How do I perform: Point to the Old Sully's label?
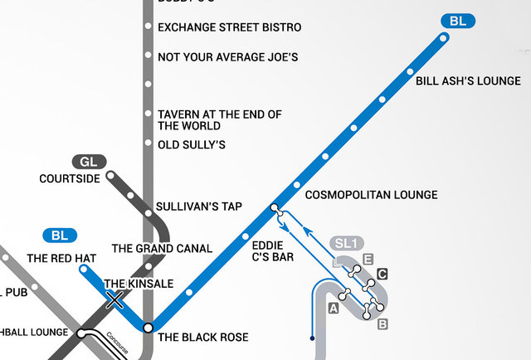click(x=192, y=145)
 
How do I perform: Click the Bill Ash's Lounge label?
click(x=468, y=81)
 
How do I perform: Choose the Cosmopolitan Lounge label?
click(x=371, y=195)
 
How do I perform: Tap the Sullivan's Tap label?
click(x=199, y=207)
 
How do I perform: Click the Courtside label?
click(x=70, y=178)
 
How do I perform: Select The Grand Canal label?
click(x=162, y=248)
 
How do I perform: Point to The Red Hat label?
click(x=61, y=259)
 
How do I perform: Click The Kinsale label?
click(x=139, y=284)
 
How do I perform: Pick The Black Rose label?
click(x=203, y=338)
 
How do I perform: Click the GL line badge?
click(x=89, y=161)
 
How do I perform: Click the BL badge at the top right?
click(x=457, y=21)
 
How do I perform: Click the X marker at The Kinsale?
click(x=115, y=299)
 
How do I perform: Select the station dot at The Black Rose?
click(x=148, y=328)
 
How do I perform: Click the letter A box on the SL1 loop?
click(x=334, y=309)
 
